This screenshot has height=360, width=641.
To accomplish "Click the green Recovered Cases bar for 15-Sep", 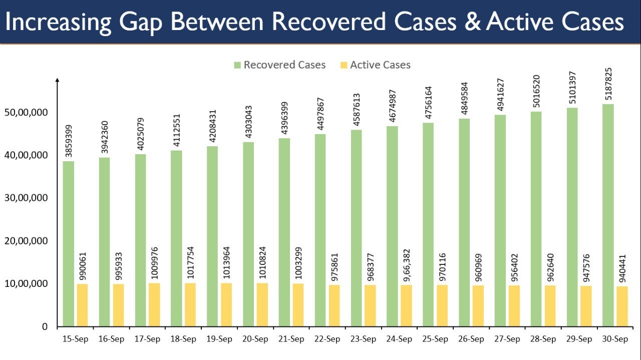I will click(69, 244).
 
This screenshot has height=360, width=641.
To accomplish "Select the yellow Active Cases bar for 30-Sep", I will click(621, 306).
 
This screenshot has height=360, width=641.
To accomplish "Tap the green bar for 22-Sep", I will click(320, 230).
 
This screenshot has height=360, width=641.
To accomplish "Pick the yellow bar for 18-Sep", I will click(190, 305).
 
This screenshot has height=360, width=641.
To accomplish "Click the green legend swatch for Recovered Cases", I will click(237, 65).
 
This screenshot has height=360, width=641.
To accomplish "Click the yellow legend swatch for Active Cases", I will click(344, 65).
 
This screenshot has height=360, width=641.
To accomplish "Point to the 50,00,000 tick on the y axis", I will click(32, 112).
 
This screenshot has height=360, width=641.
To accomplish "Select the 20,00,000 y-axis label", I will click(32, 241).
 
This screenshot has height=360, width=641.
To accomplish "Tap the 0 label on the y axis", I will click(45, 326).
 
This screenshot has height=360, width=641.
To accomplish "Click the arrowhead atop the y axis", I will click(58, 80).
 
